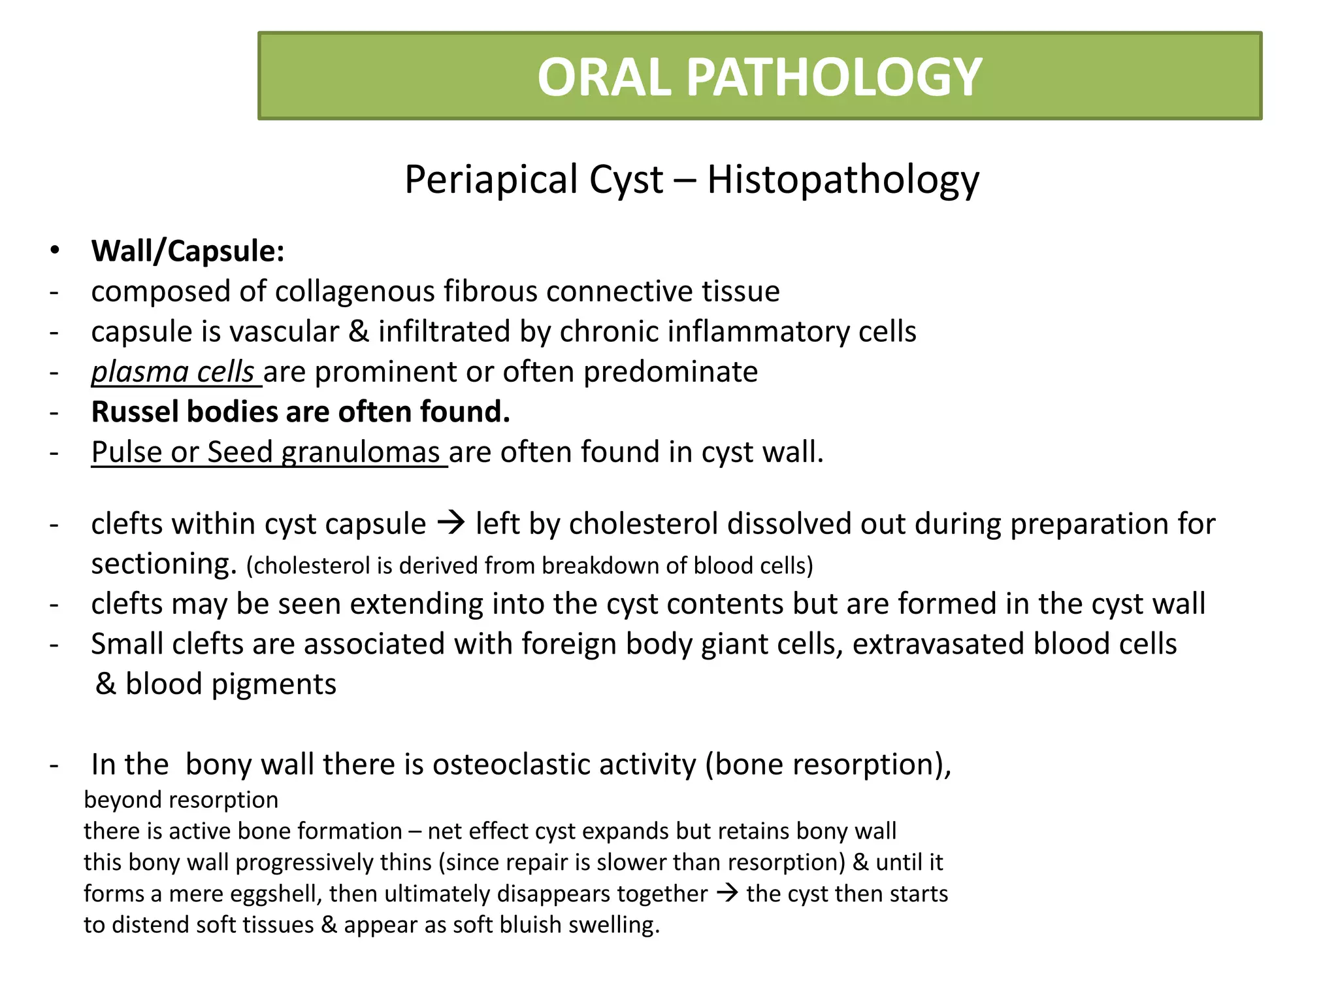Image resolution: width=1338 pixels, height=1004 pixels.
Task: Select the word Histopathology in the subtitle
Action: pos(843,180)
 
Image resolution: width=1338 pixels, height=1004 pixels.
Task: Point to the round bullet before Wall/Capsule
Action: pos(55,251)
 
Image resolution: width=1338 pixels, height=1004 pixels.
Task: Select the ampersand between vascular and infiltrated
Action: pos(358,332)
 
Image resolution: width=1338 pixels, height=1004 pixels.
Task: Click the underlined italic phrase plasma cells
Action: pos(172,373)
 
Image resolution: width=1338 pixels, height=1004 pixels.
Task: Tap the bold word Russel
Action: pos(134,412)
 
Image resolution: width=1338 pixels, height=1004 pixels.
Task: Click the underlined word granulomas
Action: pos(360,452)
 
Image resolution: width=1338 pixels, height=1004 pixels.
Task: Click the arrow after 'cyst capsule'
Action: pos(450,523)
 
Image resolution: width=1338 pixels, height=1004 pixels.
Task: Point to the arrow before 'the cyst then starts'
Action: pos(727,893)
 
